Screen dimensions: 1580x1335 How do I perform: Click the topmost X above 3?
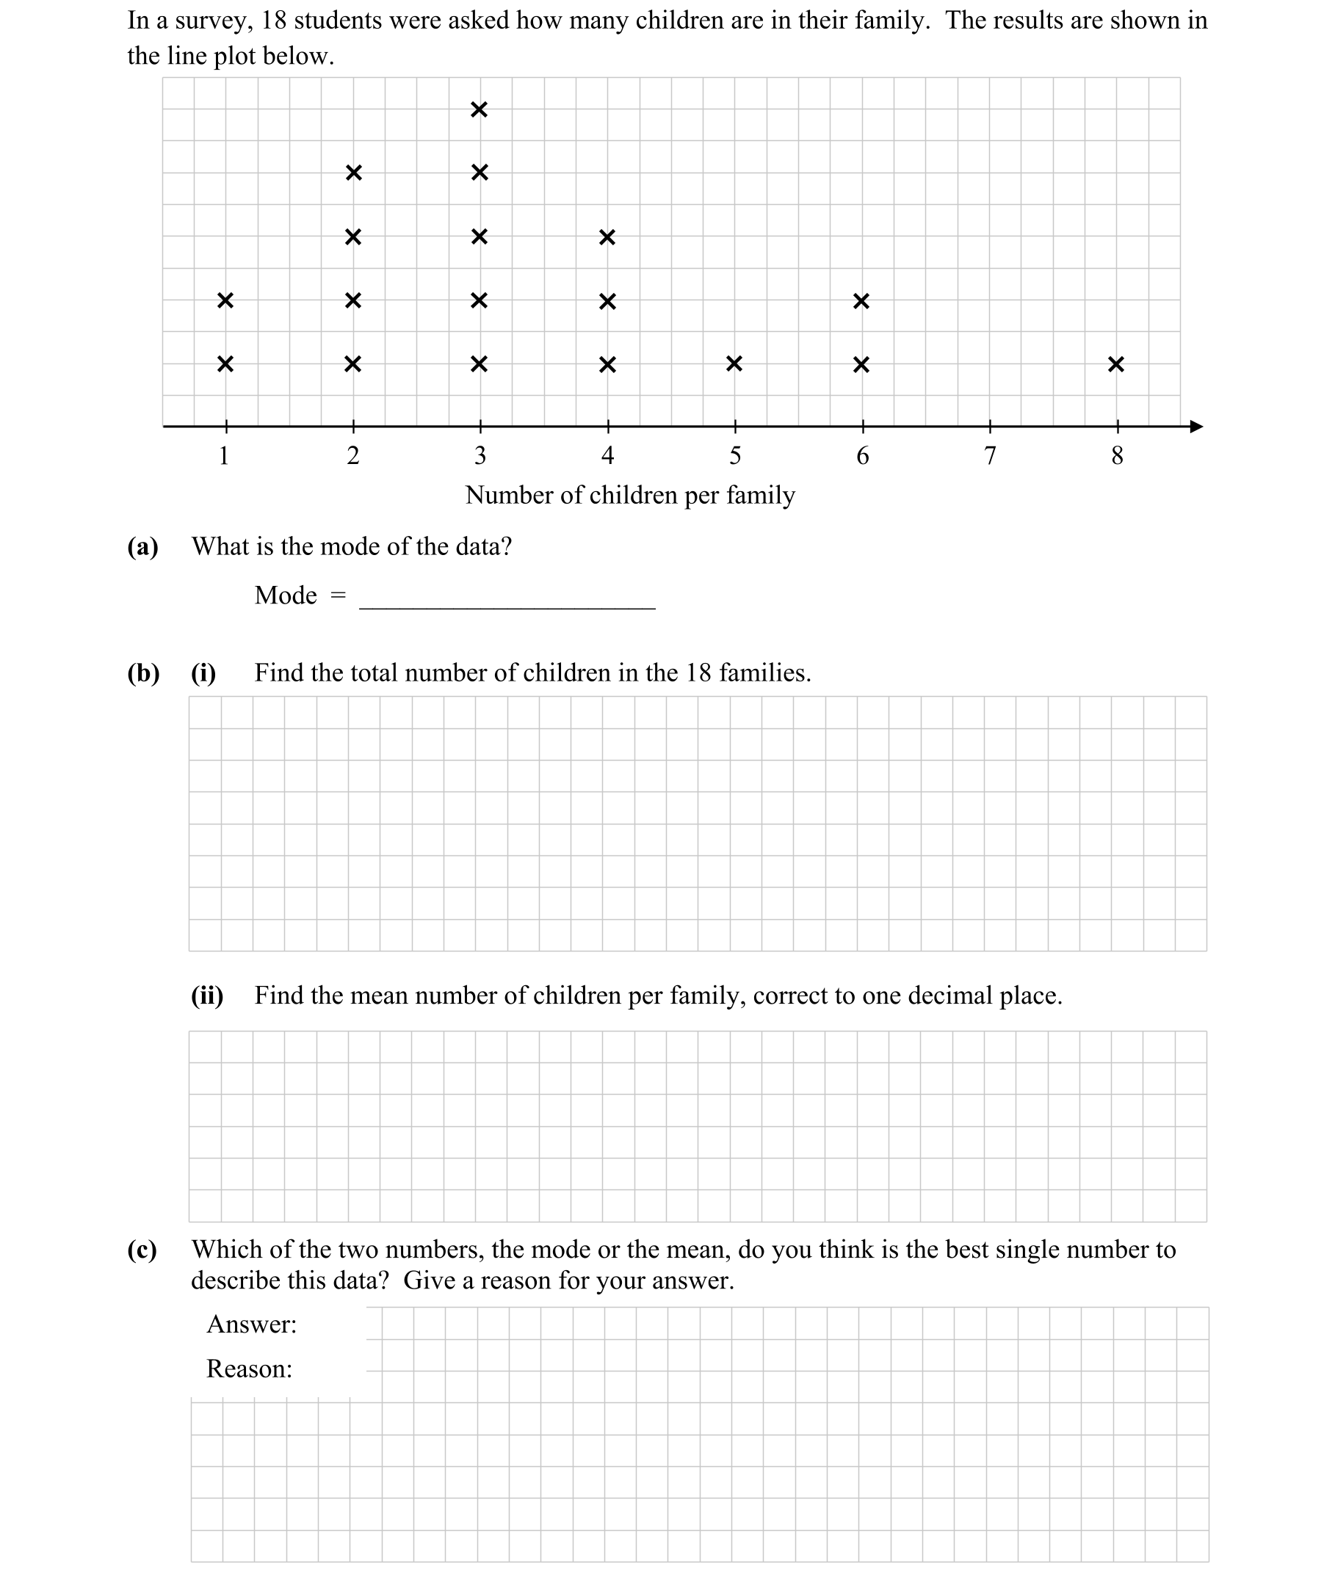[x=478, y=109]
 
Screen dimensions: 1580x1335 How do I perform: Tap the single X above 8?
[x=1115, y=364]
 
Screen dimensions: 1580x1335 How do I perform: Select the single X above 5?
[x=734, y=364]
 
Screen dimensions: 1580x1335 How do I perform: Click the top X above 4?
[x=607, y=237]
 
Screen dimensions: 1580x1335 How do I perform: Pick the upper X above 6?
[x=861, y=300]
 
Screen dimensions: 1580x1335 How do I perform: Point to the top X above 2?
[x=352, y=173]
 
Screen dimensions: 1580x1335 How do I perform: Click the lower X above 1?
[x=225, y=364]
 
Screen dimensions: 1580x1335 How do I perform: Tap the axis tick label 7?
[x=989, y=455]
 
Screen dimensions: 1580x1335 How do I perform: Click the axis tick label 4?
[x=607, y=455]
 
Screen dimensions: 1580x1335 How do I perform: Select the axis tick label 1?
[x=224, y=455]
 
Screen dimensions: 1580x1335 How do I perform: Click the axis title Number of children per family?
[x=629, y=495]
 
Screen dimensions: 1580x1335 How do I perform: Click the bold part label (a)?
[x=142, y=546]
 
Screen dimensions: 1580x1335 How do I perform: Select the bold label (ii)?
[x=206, y=995]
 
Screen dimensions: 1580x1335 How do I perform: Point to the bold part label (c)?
[x=142, y=1250]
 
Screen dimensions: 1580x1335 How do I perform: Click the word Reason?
[x=249, y=1369]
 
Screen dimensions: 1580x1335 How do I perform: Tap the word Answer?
[x=251, y=1324]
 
